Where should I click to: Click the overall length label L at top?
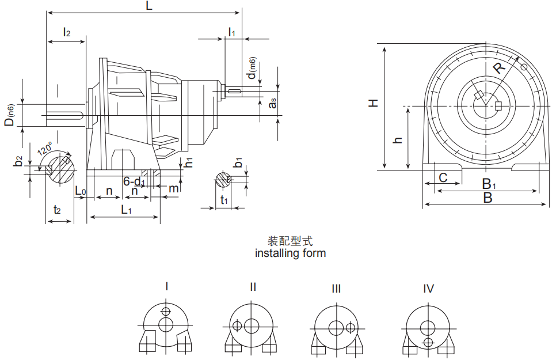(150, 6)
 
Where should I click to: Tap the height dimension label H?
(374, 103)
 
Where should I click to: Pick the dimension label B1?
(489, 184)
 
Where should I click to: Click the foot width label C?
(443, 178)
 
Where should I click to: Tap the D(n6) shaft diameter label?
(10, 115)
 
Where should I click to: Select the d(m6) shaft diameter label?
(252, 68)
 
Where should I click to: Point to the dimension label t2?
(57, 210)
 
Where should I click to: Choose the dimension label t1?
(225, 200)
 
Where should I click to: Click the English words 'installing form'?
(290, 253)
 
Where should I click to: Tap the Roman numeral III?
(336, 289)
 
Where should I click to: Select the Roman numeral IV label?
(428, 289)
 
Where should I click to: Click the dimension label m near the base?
(173, 188)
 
